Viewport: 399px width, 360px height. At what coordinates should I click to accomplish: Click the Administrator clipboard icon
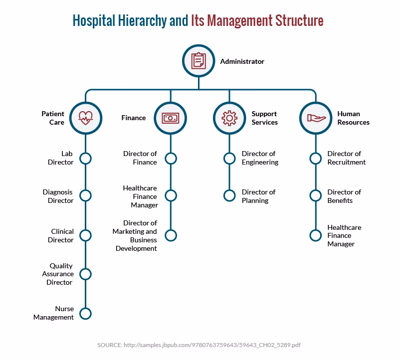[x=199, y=61]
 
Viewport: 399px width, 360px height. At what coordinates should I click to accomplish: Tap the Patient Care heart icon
[x=85, y=118]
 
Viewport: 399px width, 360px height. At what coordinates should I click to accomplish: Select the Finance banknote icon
[x=171, y=118]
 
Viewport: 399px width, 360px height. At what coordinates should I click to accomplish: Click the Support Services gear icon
[x=229, y=118]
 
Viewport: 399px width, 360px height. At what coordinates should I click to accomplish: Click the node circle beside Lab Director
[x=85, y=159]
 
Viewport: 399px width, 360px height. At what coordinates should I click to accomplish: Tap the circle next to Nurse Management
[x=85, y=313]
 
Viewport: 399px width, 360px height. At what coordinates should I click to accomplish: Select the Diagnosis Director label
[x=58, y=196]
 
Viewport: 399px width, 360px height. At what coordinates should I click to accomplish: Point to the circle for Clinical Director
[x=85, y=235]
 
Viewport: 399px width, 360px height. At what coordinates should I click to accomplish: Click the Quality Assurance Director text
[x=61, y=274]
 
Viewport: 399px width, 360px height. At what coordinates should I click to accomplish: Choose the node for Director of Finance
[x=171, y=159]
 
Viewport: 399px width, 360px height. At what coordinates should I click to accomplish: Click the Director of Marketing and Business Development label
[x=135, y=235]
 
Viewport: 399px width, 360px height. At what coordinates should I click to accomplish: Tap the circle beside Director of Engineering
[x=229, y=159]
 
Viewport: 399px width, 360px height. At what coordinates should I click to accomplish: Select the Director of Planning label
[x=258, y=196]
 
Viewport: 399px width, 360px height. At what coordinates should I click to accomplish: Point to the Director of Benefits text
[x=344, y=196]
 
